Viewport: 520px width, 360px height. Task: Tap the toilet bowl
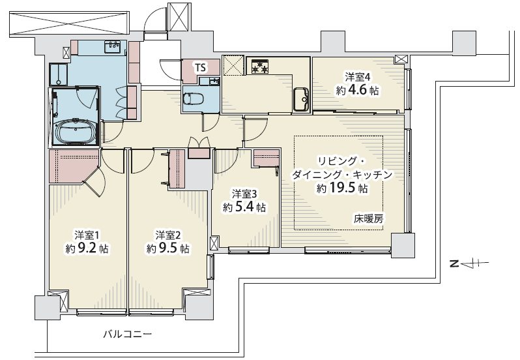[192, 98]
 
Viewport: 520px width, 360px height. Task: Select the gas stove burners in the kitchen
[260, 66]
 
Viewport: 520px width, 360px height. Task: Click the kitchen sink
[302, 99]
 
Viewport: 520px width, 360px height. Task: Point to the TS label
[200, 68]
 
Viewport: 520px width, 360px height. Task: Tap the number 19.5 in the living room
[343, 188]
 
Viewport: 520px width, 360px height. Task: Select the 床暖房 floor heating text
[368, 218]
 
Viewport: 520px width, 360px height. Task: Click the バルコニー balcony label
[127, 334]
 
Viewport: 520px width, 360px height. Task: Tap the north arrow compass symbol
[469, 264]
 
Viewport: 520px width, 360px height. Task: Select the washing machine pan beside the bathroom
[59, 74]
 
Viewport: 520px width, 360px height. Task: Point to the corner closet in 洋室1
[73, 166]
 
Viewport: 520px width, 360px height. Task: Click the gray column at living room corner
[403, 245]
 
